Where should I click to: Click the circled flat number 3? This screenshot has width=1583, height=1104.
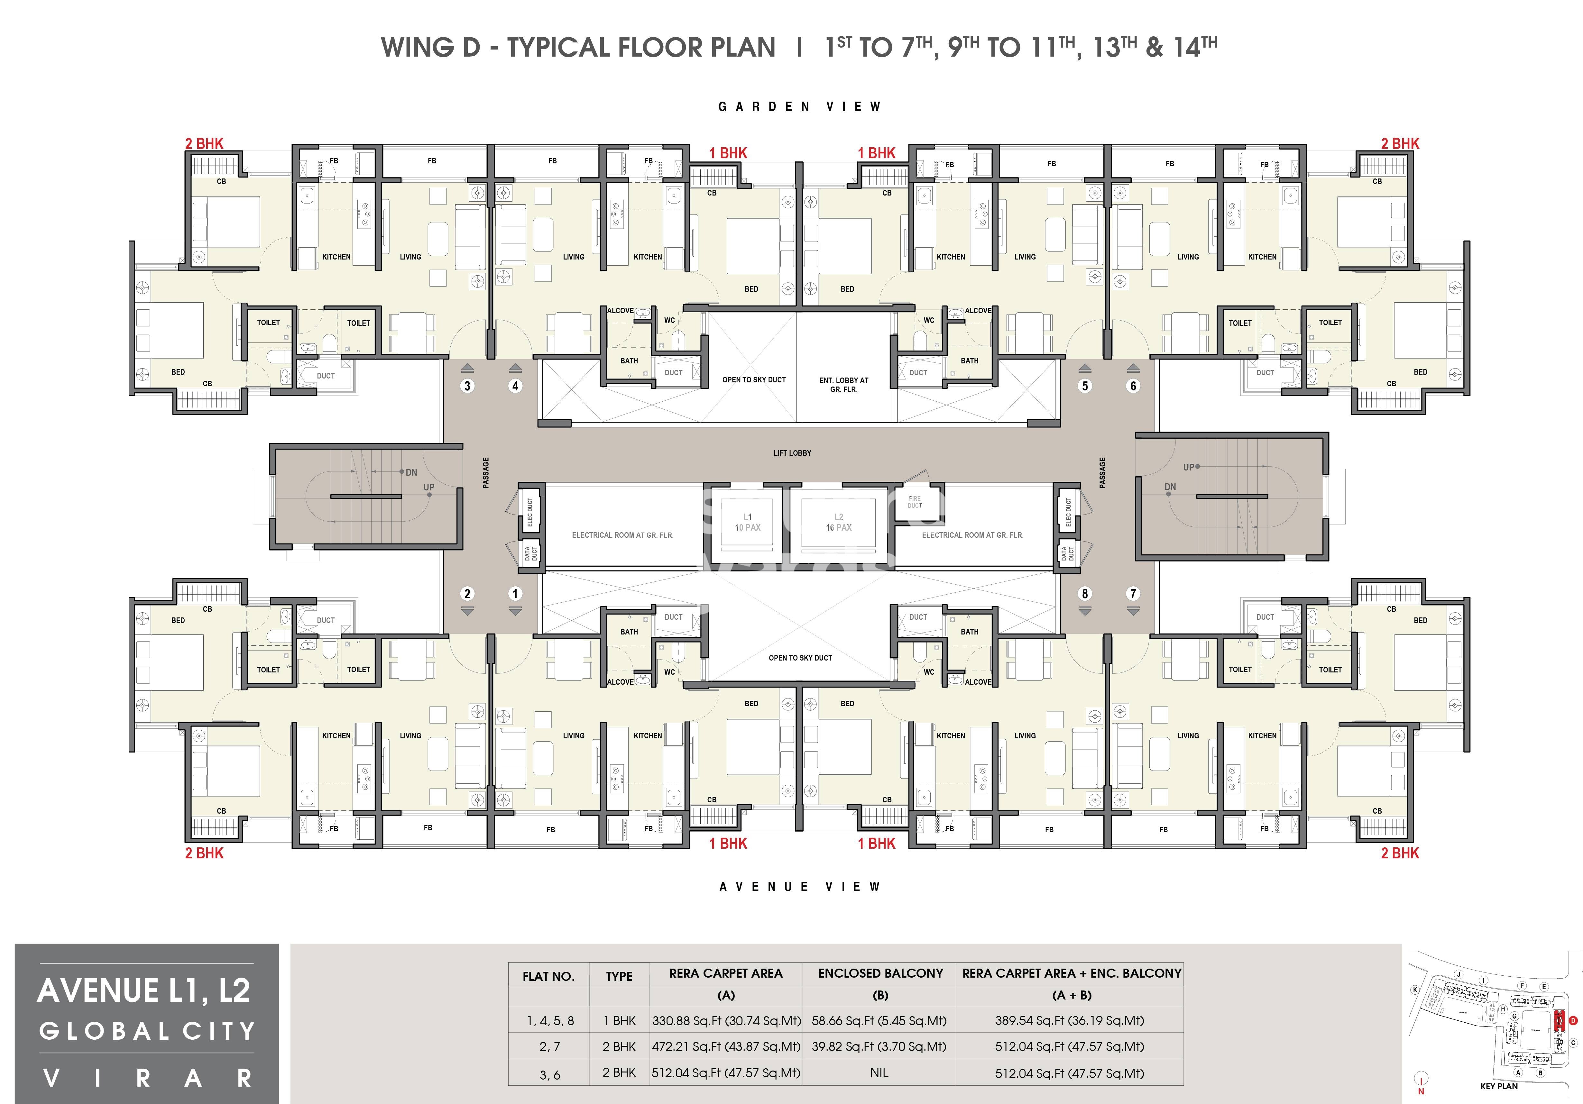click(x=467, y=386)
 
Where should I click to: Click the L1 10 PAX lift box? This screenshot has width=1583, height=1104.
click(x=747, y=522)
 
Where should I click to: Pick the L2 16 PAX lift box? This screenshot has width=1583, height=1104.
click(x=838, y=522)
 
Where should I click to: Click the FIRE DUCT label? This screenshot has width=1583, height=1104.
click(x=914, y=502)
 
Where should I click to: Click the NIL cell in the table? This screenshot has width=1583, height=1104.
click(x=879, y=1073)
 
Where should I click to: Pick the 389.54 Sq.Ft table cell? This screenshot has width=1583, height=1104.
click(x=1069, y=1021)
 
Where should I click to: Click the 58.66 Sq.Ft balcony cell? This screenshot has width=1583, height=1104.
click(x=879, y=1021)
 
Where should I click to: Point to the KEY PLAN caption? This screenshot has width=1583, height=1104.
click(x=1499, y=1086)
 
